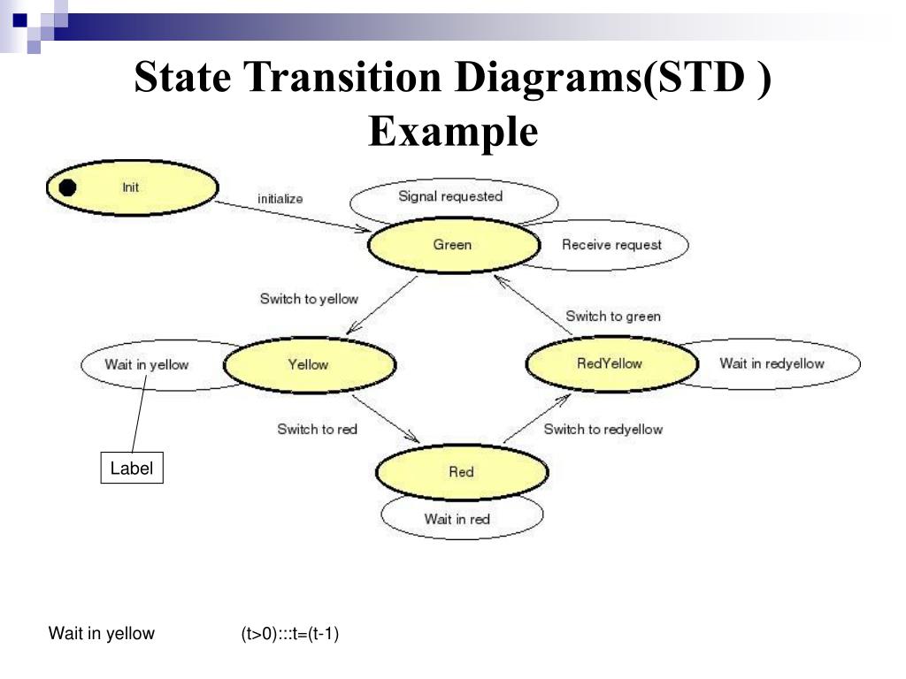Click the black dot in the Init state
coord(67,187)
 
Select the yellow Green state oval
coord(452,245)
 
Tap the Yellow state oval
coord(309,364)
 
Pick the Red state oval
coord(461,472)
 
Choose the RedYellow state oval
coord(610,363)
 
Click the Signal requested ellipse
coord(450,197)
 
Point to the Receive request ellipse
coord(618,245)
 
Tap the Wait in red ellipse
coord(457,519)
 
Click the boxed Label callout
coord(131,469)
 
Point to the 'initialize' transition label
coord(280,199)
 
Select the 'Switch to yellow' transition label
coord(309,299)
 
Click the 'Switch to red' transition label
coord(317,429)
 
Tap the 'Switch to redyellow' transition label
coord(603,429)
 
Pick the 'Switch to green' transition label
coord(612,316)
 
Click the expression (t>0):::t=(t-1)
coord(289,633)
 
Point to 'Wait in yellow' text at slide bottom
coord(101,633)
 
